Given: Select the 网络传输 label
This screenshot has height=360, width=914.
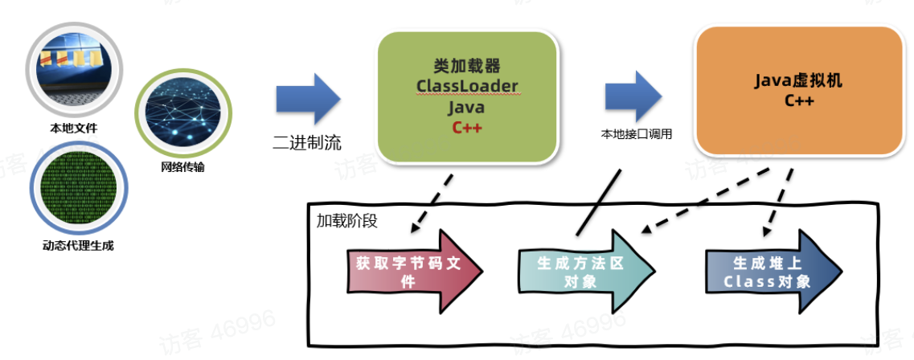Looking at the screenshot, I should pyautogui.click(x=182, y=167).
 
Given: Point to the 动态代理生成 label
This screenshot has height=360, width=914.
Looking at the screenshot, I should pyautogui.click(x=77, y=245).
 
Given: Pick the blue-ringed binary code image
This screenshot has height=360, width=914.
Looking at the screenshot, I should pyautogui.click(x=77, y=191).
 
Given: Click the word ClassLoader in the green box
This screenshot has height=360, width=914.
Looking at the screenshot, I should pyautogui.click(x=467, y=85).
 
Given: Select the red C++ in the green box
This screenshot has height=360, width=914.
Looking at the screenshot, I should pyautogui.click(x=467, y=126).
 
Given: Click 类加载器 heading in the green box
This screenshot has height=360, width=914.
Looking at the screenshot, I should pyautogui.click(x=467, y=67).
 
